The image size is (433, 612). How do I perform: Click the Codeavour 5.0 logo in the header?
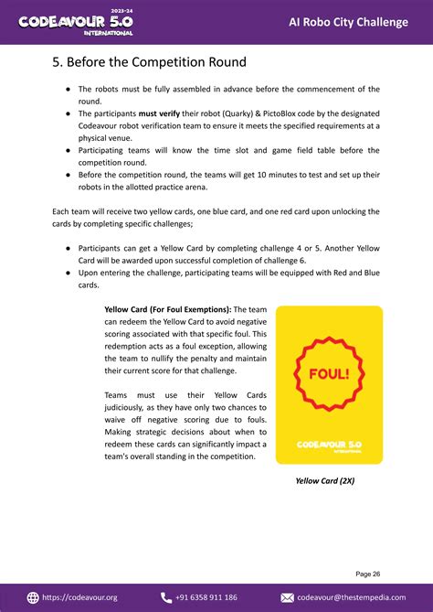[75, 22]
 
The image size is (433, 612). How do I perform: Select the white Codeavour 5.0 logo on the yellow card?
[329, 446]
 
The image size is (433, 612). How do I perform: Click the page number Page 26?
[368, 574]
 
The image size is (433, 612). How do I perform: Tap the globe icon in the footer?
[34, 597]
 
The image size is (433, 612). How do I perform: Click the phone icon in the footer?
[166, 597]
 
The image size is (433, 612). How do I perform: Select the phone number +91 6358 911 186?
[206, 597]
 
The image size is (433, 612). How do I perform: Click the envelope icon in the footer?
[287, 597]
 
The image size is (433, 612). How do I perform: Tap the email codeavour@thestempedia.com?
[352, 597]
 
